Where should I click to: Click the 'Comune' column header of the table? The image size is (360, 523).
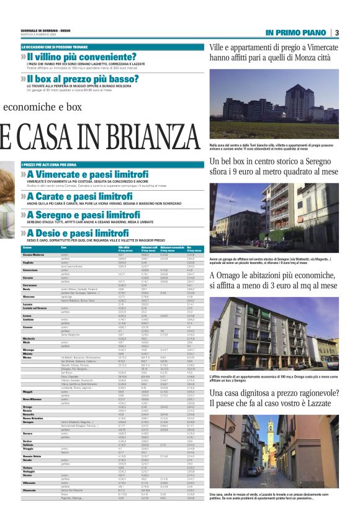27,248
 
